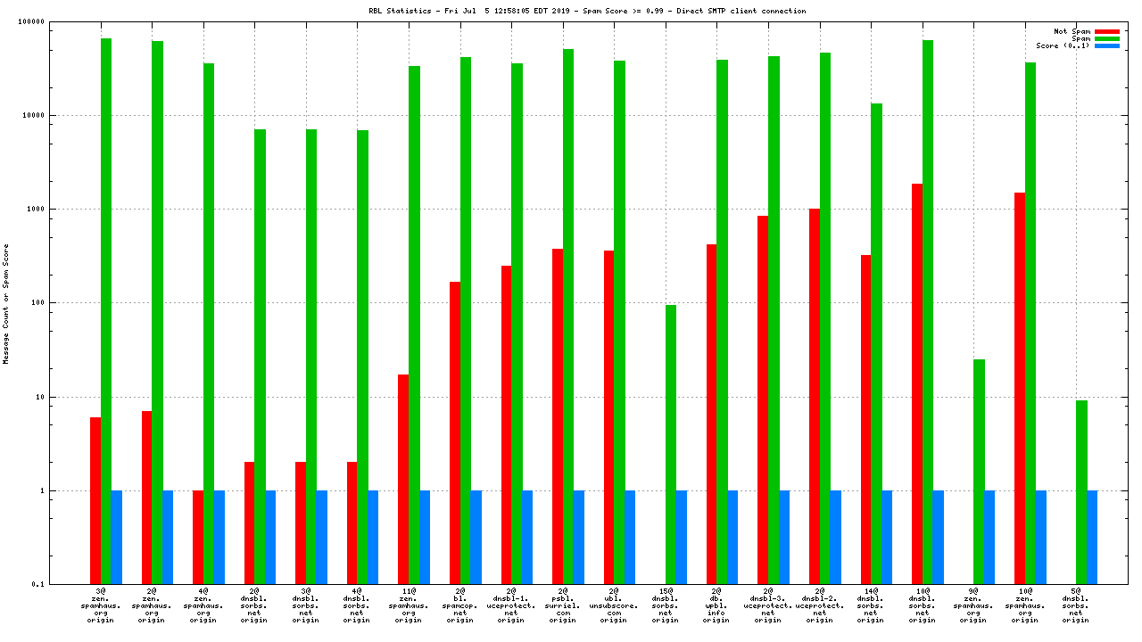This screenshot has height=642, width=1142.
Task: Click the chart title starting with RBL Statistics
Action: coord(574,11)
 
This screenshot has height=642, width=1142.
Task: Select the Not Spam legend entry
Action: coord(1072,31)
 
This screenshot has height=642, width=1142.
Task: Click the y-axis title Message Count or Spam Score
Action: coord(6,303)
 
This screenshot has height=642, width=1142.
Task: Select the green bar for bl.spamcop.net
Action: coord(466,320)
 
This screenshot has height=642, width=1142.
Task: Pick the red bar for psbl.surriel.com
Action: coord(558,416)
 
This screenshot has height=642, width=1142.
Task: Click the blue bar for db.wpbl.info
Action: coord(732,537)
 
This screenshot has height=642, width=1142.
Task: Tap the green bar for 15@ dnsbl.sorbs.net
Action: coord(671,444)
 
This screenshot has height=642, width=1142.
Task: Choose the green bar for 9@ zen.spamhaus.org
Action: coord(979,472)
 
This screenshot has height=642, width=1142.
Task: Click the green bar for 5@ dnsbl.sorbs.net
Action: coord(1081,492)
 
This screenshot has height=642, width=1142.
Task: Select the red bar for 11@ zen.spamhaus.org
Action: coord(403,479)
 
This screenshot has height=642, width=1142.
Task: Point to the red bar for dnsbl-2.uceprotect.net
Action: coord(815,396)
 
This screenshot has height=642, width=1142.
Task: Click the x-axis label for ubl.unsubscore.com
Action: coord(614,605)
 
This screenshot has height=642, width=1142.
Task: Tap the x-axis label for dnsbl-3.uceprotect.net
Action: coord(767,605)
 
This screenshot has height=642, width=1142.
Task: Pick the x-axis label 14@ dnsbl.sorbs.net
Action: coord(871,605)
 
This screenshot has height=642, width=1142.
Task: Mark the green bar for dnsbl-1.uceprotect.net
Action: coord(517,324)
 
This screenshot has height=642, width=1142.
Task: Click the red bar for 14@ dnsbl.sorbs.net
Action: coord(865,419)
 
